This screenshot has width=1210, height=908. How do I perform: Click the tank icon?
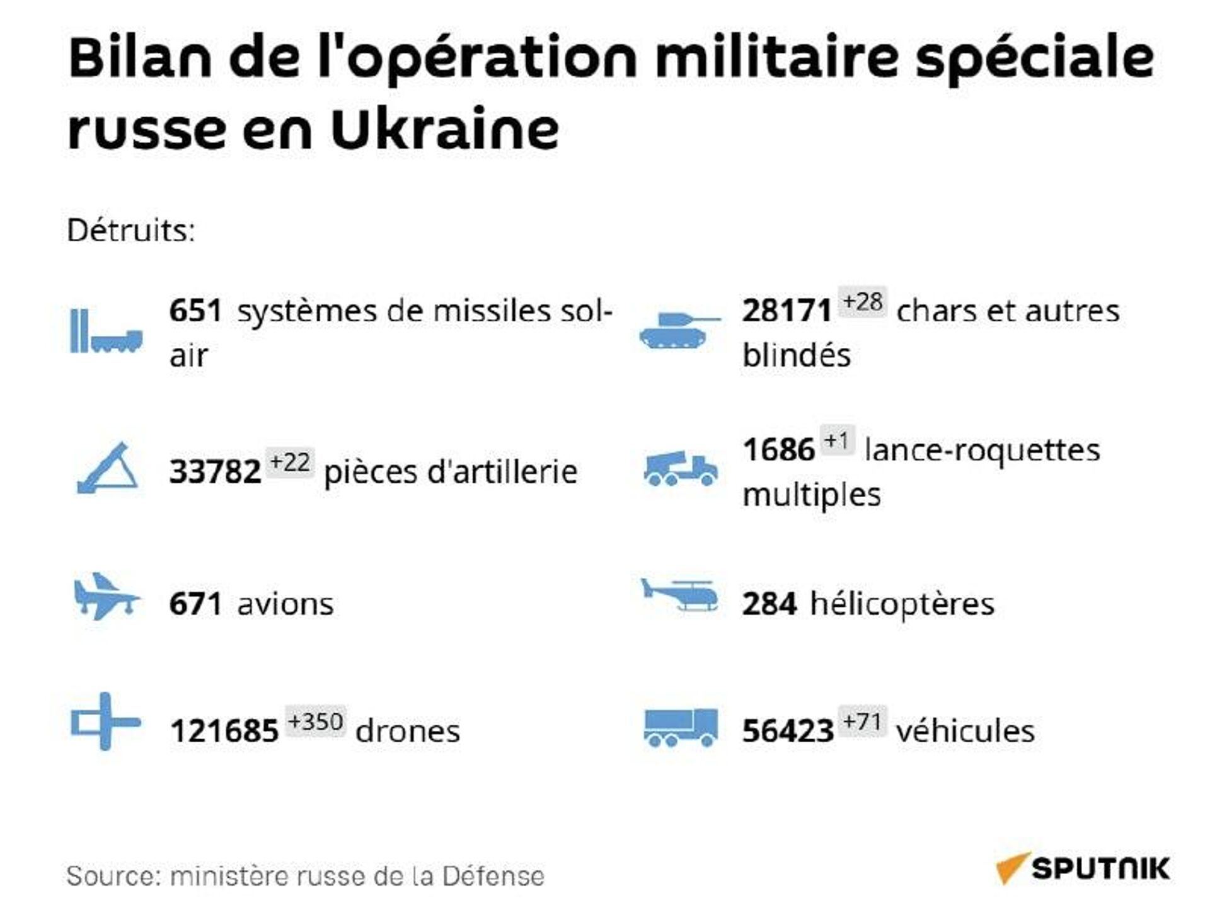(679, 330)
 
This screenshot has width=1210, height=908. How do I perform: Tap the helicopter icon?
(679, 595)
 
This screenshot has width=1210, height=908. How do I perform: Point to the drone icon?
(105, 721)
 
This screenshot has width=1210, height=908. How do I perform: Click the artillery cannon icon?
(108, 468)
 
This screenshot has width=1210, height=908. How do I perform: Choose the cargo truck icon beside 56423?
(680, 727)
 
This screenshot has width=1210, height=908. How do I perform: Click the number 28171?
(786, 311)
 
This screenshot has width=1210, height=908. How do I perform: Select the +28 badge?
(862, 302)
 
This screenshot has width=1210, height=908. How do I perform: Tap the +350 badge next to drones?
(315, 721)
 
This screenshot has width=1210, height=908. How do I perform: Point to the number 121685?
(224, 731)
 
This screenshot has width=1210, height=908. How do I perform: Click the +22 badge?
(289, 463)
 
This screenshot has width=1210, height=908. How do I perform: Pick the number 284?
(769, 604)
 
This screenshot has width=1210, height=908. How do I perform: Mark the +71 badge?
(862, 721)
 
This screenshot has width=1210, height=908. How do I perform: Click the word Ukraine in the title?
(444, 129)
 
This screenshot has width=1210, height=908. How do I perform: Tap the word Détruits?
(131, 231)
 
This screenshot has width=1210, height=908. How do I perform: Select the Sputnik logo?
(1083, 868)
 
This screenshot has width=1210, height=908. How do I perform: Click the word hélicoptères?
(902, 604)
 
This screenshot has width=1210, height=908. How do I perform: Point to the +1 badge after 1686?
(837, 440)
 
